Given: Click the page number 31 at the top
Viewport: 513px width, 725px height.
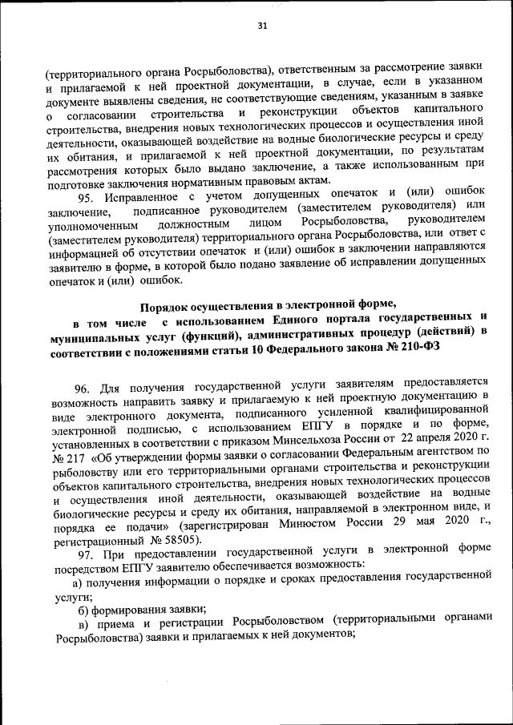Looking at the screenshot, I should pyautogui.click(x=261, y=25).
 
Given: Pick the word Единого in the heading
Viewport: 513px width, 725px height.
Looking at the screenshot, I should pyautogui.click(x=299, y=321).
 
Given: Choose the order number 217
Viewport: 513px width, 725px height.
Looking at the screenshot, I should pyautogui.click(x=75, y=453).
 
